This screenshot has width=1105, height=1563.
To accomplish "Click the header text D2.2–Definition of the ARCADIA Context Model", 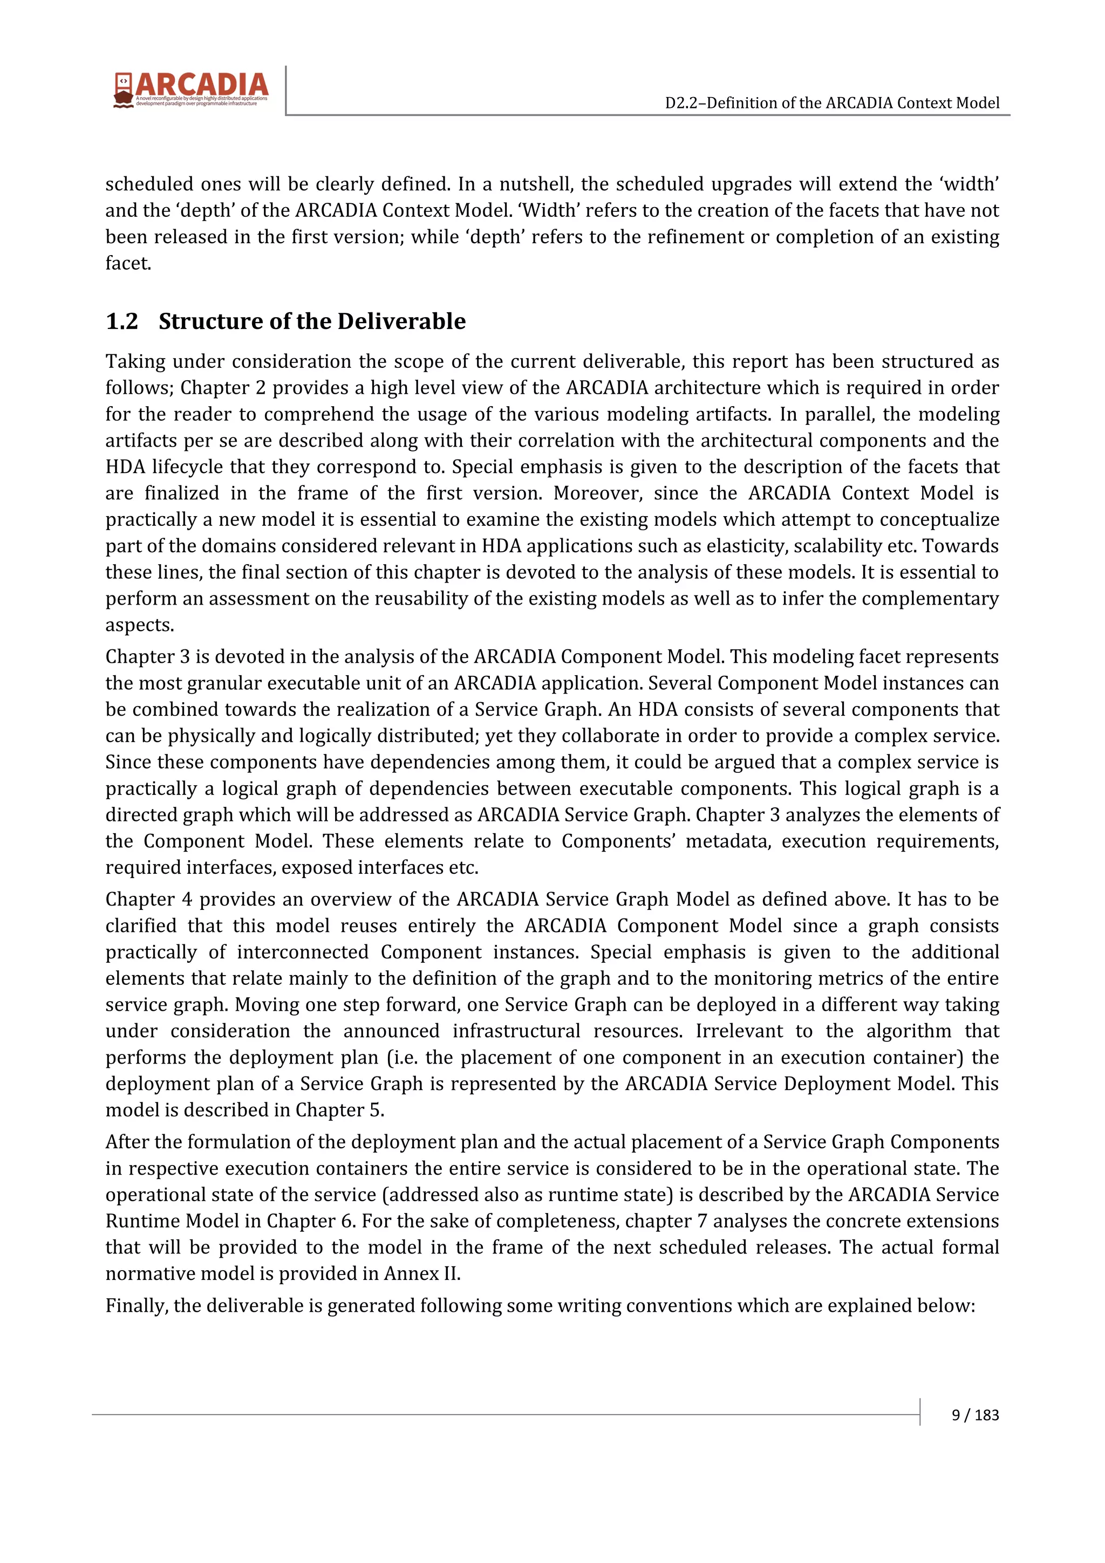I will pos(832,103).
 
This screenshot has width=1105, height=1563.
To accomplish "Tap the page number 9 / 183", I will pos(975,1415).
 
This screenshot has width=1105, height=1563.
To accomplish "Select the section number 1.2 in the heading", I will pos(122,321).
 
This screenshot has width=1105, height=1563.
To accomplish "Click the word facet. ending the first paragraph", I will pos(128,263).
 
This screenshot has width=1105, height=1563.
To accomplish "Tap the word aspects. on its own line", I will pos(140,625).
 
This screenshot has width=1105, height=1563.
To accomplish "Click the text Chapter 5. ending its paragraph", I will pos(340,1110).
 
